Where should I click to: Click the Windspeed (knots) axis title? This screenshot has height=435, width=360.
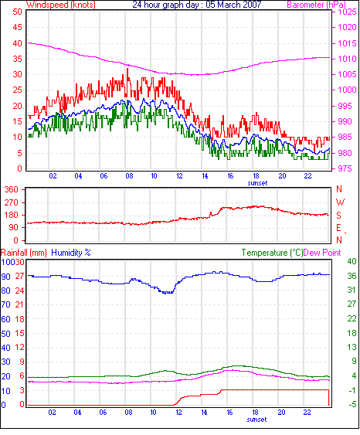click(61, 5)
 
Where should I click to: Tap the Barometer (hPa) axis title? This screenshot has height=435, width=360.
click(317, 5)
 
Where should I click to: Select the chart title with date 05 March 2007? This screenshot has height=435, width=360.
click(197, 5)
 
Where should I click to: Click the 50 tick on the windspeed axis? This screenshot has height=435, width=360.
click(17, 12)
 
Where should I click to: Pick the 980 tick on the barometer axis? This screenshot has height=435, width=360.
click(345, 153)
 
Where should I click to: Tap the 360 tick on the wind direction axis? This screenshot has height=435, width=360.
click(12, 190)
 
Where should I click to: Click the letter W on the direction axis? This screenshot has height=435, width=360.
click(340, 202)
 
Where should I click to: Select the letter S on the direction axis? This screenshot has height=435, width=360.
click(338, 216)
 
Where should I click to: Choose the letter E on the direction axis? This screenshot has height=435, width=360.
click(338, 228)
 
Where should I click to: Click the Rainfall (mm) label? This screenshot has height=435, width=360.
click(24, 253)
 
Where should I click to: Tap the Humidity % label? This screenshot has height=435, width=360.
click(71, 253)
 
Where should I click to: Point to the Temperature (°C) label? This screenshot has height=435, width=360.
click(272, 253)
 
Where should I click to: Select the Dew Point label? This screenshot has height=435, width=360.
click(322, 253)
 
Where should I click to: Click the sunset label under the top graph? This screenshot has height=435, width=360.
click(258, 183)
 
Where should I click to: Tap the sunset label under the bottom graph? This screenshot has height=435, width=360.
click(256, 420)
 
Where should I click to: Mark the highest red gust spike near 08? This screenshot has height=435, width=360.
click(127, 70)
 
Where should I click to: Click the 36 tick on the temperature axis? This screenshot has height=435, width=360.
click(352, 276)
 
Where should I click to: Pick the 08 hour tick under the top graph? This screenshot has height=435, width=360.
click(129, 176)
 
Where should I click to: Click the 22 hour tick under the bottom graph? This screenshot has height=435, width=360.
click(307, 413)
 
